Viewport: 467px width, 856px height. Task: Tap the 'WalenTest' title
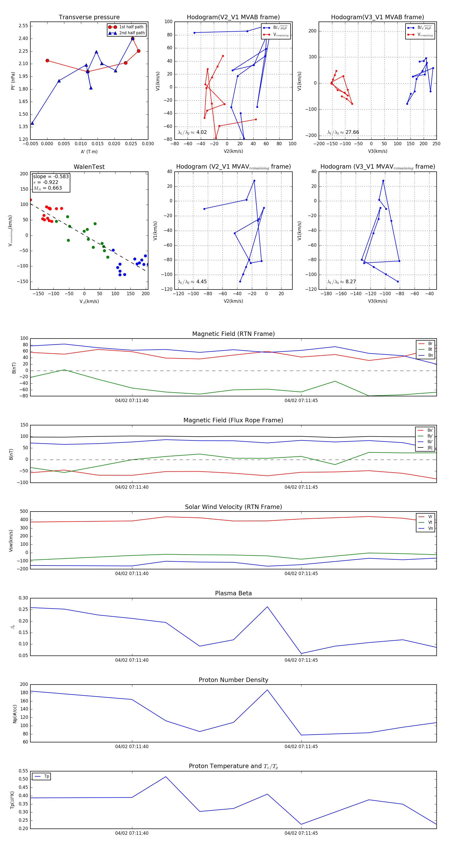tap(89, 167)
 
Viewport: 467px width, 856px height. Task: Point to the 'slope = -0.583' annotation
tap(51, 176)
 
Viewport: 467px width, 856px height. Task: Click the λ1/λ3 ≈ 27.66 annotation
tap(343, 132)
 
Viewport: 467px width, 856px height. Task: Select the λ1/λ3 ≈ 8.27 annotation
tap(342, 282)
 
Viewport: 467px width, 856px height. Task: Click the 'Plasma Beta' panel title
tap(233, 593)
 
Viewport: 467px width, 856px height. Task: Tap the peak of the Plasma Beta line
tap(267, 607)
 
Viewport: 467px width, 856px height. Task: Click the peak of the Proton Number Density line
tap(267, 690)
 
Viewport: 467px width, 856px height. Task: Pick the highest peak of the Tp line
tap(166, 777)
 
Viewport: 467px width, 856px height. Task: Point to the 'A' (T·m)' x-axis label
tap(89, 151)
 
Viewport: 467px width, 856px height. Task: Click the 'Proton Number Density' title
tap(233, 680)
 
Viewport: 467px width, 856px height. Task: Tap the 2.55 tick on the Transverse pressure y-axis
tap(23, 26)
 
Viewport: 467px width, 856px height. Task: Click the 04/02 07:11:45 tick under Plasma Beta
tap(301, 660)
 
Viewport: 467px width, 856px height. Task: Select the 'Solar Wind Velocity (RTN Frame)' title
tap(233, 507)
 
